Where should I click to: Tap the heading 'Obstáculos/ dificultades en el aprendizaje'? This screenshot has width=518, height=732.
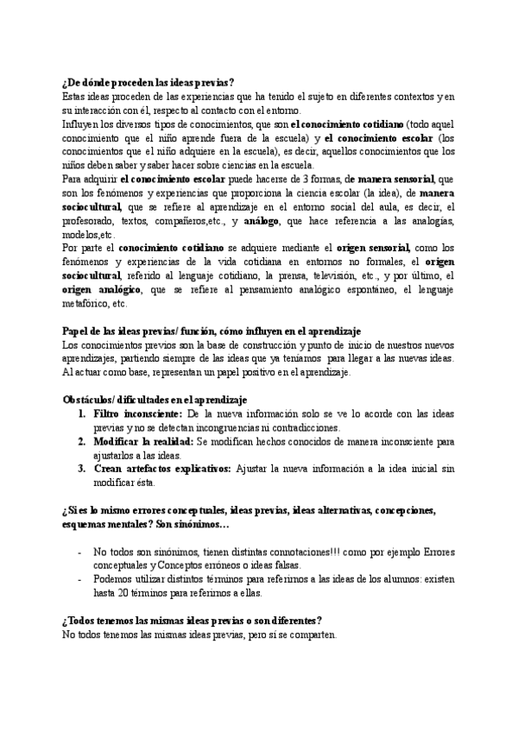tap(155, 400)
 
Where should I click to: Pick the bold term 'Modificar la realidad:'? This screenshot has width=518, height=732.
tap(143, 442)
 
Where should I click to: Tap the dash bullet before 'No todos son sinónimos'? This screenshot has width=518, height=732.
tap(80, 552)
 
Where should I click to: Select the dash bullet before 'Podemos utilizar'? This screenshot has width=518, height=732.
tap(80, 580)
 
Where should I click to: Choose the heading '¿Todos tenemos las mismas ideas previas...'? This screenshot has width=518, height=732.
tap(192, 621)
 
